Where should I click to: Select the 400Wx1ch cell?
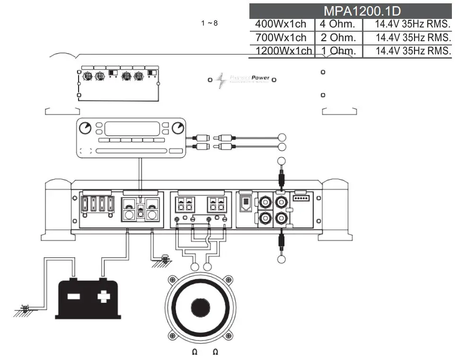point(281,24)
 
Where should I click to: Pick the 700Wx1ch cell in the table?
point(281,37)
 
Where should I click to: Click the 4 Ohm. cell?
point(337,24)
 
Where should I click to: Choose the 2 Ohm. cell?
point(337,37)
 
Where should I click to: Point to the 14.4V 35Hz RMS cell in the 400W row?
point(412,24)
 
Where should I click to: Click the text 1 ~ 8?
point(209,23)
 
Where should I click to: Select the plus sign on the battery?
point(102,297)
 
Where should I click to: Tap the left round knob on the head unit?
point(85,128)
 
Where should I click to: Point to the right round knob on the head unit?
point(178,128)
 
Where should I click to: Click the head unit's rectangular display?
point(132,128)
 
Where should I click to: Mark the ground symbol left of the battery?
point(22,310)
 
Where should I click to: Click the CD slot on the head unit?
point(131,151)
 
